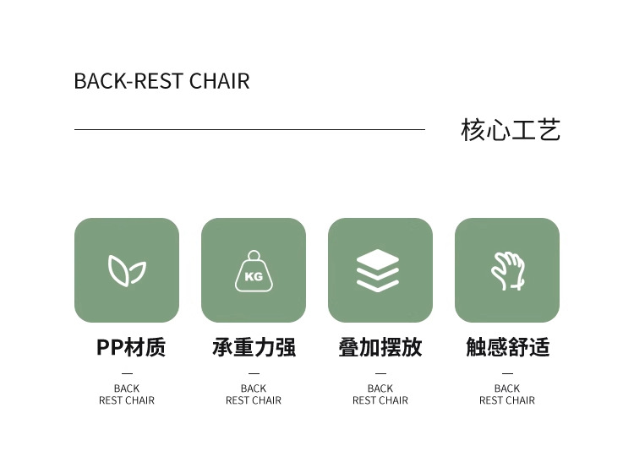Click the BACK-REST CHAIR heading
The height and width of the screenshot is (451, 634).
[161, 81]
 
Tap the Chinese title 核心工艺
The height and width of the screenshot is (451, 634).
[511, 130]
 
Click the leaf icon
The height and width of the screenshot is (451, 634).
[127, 270]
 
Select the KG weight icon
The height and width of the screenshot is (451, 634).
[254, 271]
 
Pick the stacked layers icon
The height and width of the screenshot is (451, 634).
[380, 270]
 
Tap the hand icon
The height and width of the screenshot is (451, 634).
[507, 270]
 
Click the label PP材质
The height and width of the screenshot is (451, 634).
[131, 347]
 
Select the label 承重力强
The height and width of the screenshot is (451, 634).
[254, 347]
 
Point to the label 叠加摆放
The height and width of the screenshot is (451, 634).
[380, 347]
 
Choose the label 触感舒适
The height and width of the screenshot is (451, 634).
[507, 347]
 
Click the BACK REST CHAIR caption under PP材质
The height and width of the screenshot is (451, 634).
[127, 394]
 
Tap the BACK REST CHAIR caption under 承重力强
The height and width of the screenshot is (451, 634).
[254, 394]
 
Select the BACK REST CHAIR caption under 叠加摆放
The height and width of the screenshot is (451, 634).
[380, 394]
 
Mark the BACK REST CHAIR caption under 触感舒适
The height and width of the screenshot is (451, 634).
[507, 394]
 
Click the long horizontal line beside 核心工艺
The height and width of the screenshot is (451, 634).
[249, 129]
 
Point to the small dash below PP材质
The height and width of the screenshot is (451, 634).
[127, 372]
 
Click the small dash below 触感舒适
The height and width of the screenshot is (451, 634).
[507, 372]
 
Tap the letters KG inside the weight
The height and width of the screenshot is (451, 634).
[254, 276]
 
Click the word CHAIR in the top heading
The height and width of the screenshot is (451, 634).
[219, 81]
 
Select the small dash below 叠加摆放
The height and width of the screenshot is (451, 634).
[380, 372]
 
